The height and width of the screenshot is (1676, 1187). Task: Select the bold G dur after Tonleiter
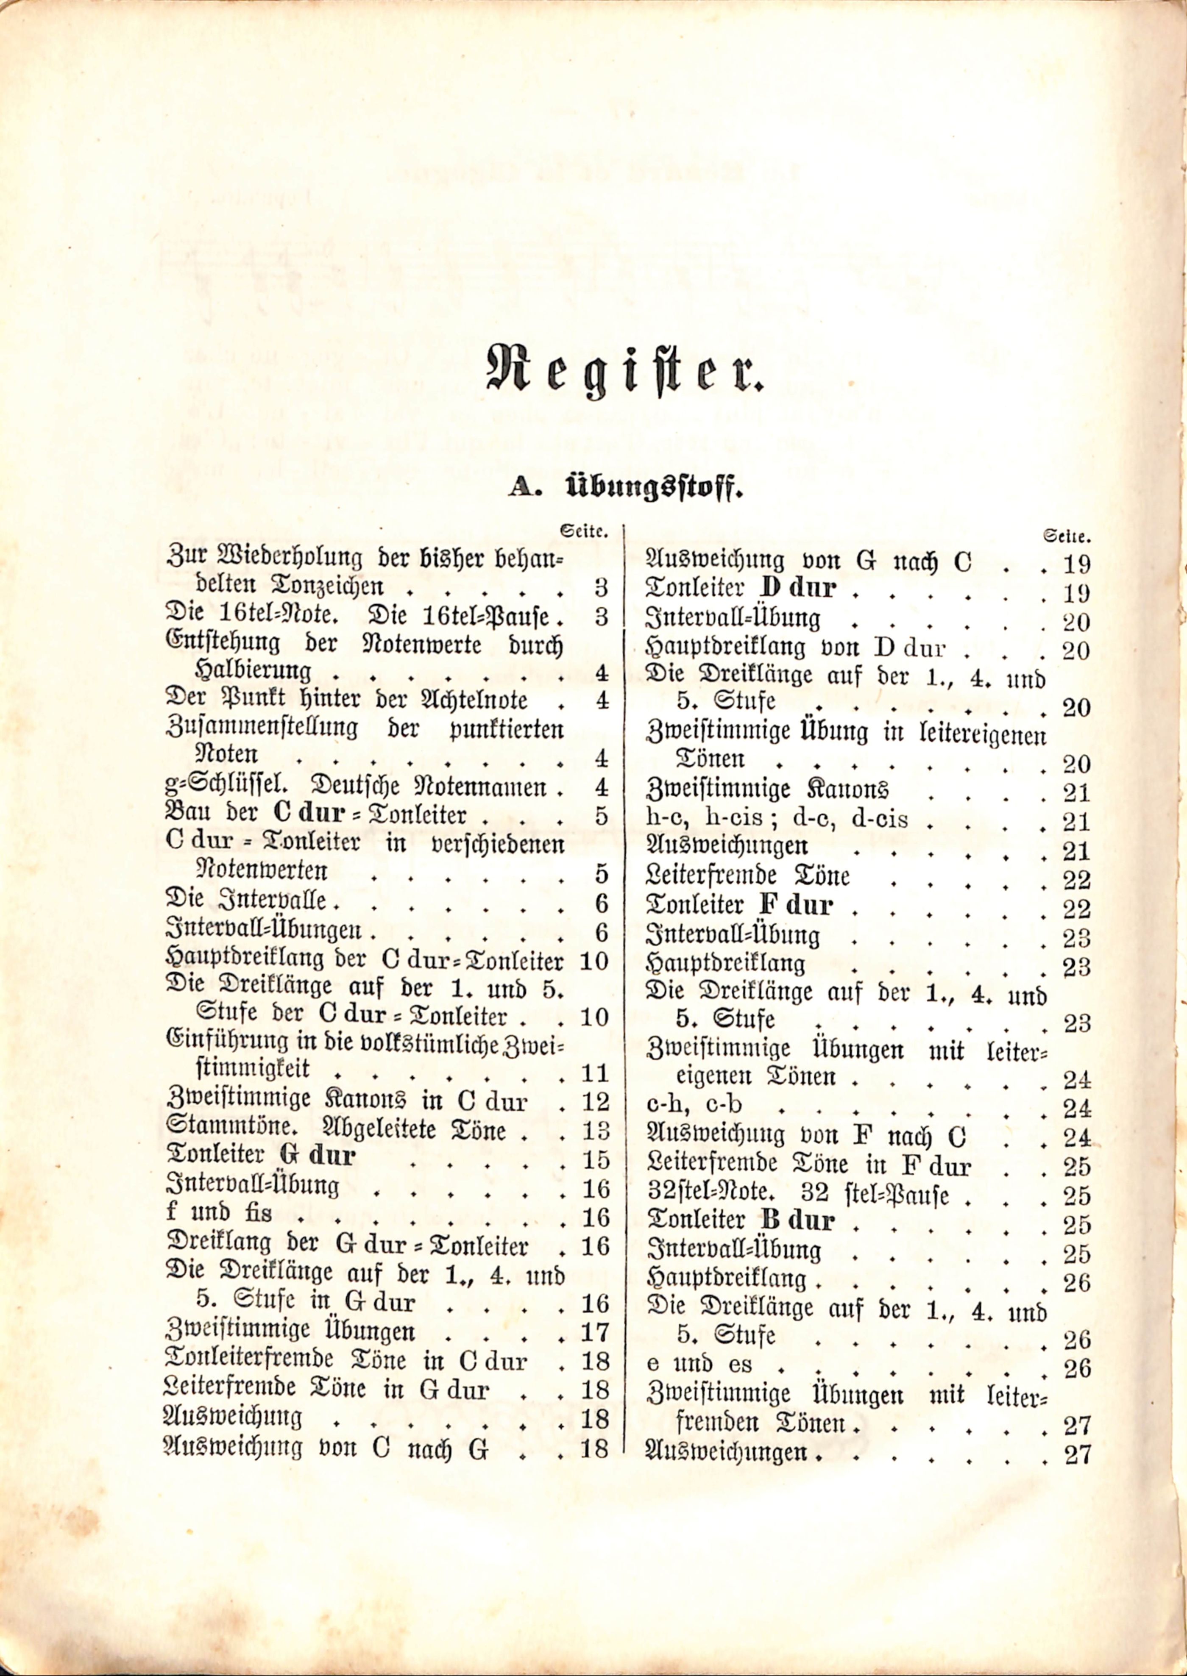tap(318, 1156)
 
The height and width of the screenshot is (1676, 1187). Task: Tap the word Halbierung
tap(252, 671)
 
